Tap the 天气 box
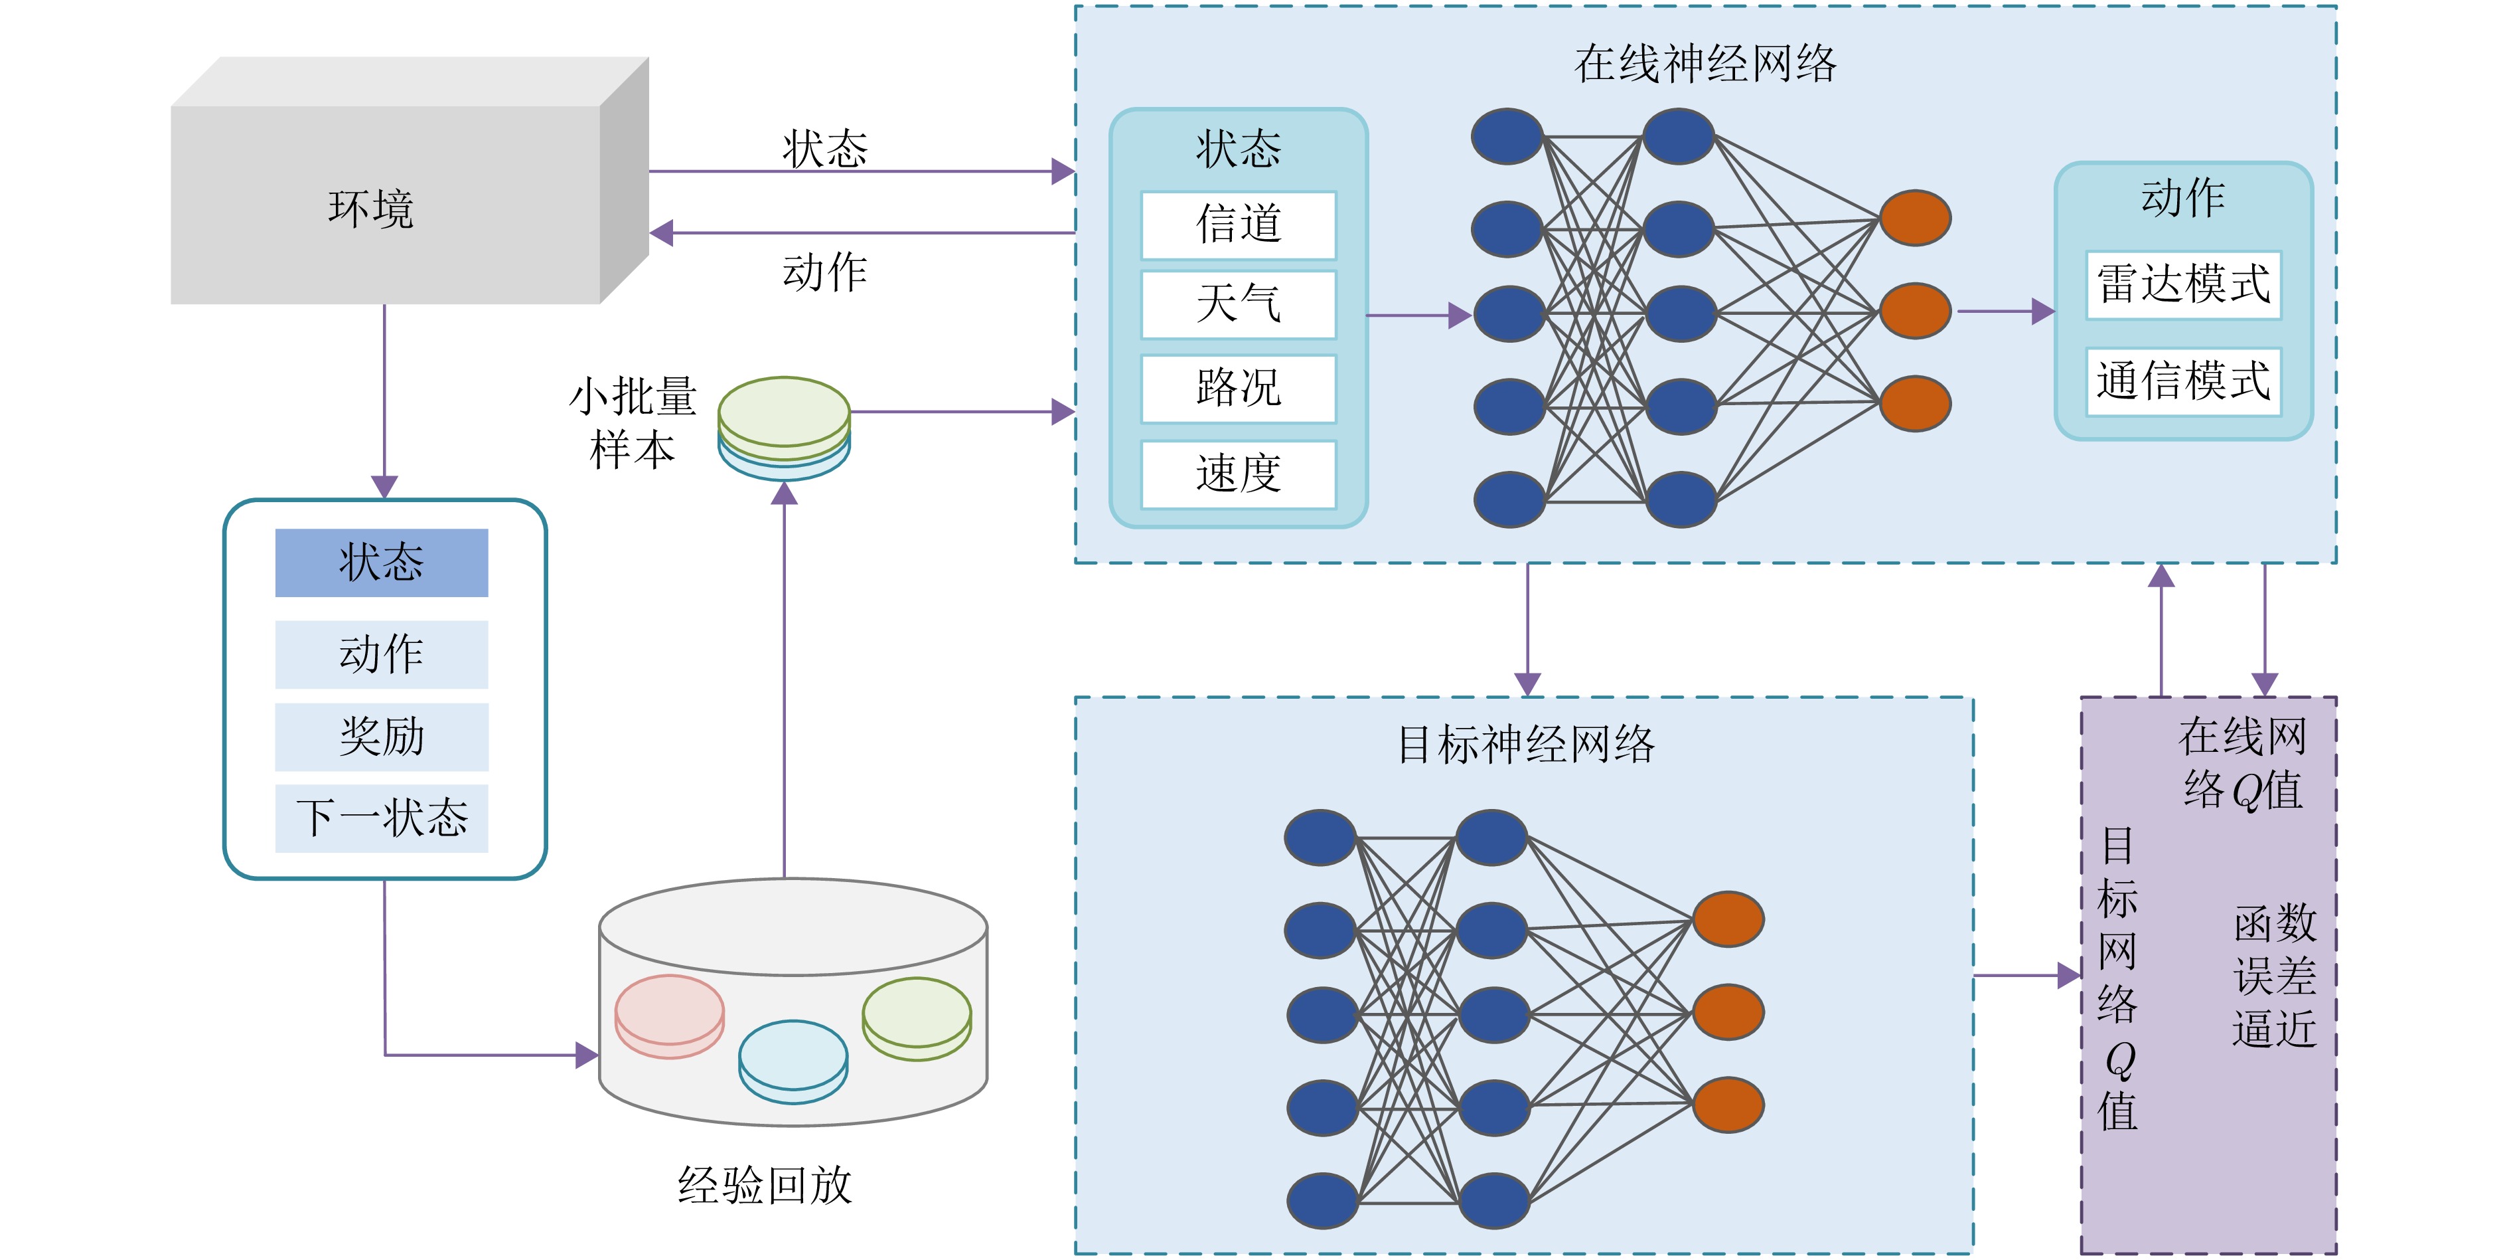click(x=1238, y=305)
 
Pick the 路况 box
click(x=1238, y=389)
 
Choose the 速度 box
click(x=1238, y=474)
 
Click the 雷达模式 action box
click(x=2182, y=284)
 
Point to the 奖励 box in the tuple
click(x=381, y=737)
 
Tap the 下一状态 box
click(x=381, y=818)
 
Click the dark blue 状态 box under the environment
click(x=381, y=563)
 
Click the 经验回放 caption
click(x=765, y=1186)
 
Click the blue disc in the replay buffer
click(x=793, y=1058)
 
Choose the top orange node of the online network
click(x=1915, y=219)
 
